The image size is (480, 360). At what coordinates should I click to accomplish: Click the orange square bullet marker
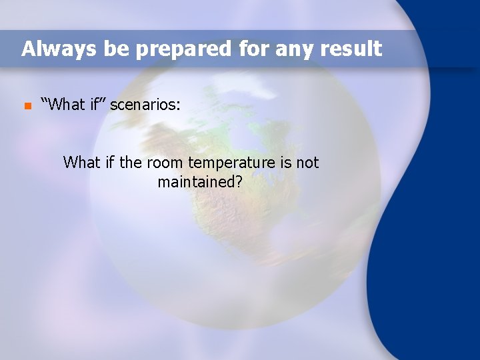pyautogui.click(x=27, y=106)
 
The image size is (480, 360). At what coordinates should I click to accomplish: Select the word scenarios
pyautogui.click(x=145, y=105)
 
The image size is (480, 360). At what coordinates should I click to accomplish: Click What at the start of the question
pyautogui.click(x=81, y=162)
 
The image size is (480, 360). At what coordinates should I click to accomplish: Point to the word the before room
pyautogui.click(x=131, y=162)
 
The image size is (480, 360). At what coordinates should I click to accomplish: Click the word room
pyautogui.click(x=165, y=162)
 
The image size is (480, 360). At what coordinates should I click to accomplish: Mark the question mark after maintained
pyautogui.click(x=238, y=181)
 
